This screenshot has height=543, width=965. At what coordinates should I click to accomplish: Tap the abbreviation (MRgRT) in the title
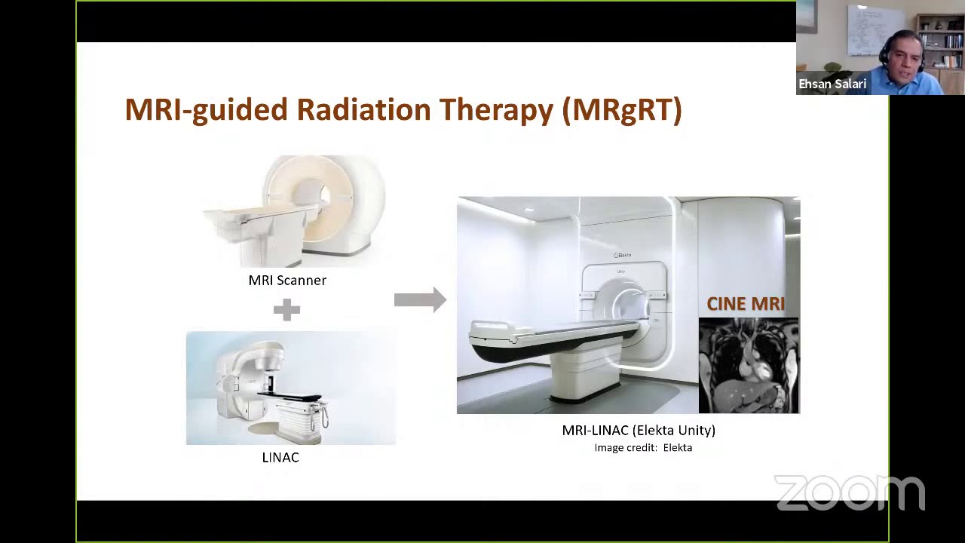tap(622, 110)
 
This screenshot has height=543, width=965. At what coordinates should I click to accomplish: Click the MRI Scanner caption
tap(287, 280)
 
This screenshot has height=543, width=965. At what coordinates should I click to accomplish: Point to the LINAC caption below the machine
tap(280, 457)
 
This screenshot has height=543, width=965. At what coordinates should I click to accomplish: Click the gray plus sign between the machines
tap(286, 309)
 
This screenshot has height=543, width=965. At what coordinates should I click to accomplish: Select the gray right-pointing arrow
tap(420, 299)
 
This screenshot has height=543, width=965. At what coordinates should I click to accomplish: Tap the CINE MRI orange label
tap(745, 304)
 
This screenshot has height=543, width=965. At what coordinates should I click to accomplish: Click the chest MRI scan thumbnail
tap(749, 366)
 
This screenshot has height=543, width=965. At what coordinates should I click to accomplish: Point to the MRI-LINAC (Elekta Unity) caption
tap(638, 430)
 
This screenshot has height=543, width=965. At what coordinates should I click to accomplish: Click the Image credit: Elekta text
tap(642, 447)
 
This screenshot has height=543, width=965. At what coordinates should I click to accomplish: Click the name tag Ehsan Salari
tap(832, 84)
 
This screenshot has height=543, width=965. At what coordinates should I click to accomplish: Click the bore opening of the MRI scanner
tap(324, 195)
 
